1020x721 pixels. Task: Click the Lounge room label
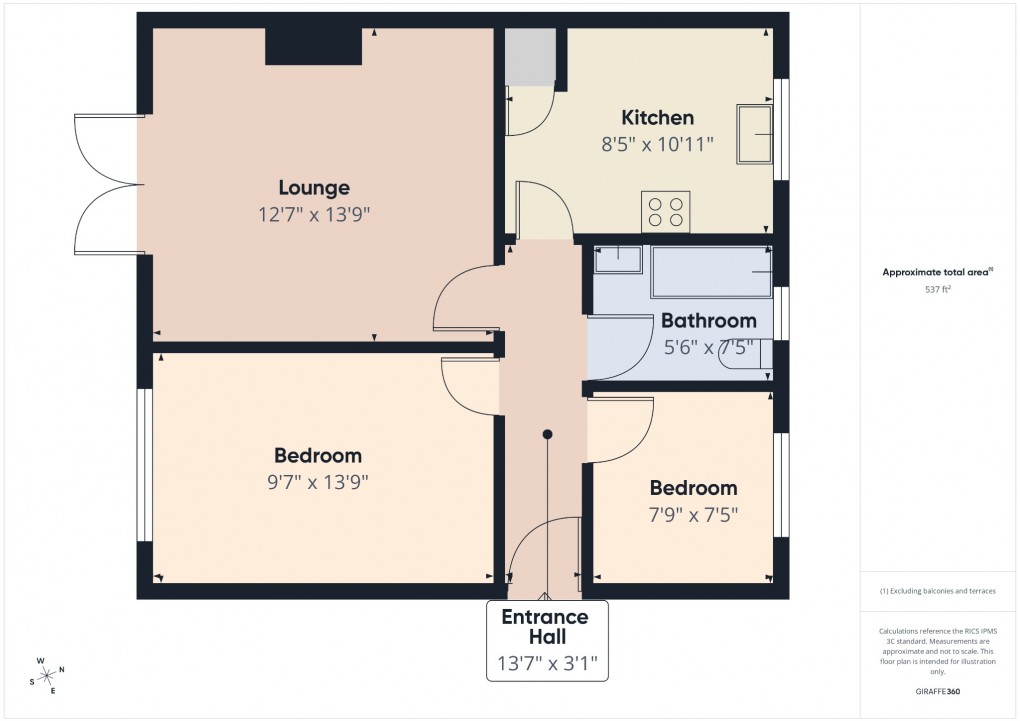coord(314,187)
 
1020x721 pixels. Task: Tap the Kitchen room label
coord(657,117)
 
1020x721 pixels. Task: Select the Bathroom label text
coord(708,321)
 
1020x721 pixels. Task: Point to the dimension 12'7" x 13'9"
coord(314,214)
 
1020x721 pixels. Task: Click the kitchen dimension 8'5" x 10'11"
coord(657,144)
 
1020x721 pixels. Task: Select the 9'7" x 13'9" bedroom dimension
coord(314,482)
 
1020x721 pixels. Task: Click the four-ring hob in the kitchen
coord(666,211)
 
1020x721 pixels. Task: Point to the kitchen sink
coord(755,133)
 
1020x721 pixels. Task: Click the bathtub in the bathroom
coord(711,272)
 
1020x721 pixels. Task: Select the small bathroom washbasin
coord(618,259)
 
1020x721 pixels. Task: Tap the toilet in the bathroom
coord(748,355)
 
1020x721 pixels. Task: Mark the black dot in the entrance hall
coord(547,434)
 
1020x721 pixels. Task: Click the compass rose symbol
coord(46,676)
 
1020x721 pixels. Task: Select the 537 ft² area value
coord(937,290)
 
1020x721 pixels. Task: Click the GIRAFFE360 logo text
coord(938,691)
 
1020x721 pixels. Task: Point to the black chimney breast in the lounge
coord(312,46)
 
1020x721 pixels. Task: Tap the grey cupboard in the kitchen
coord(530,56)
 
